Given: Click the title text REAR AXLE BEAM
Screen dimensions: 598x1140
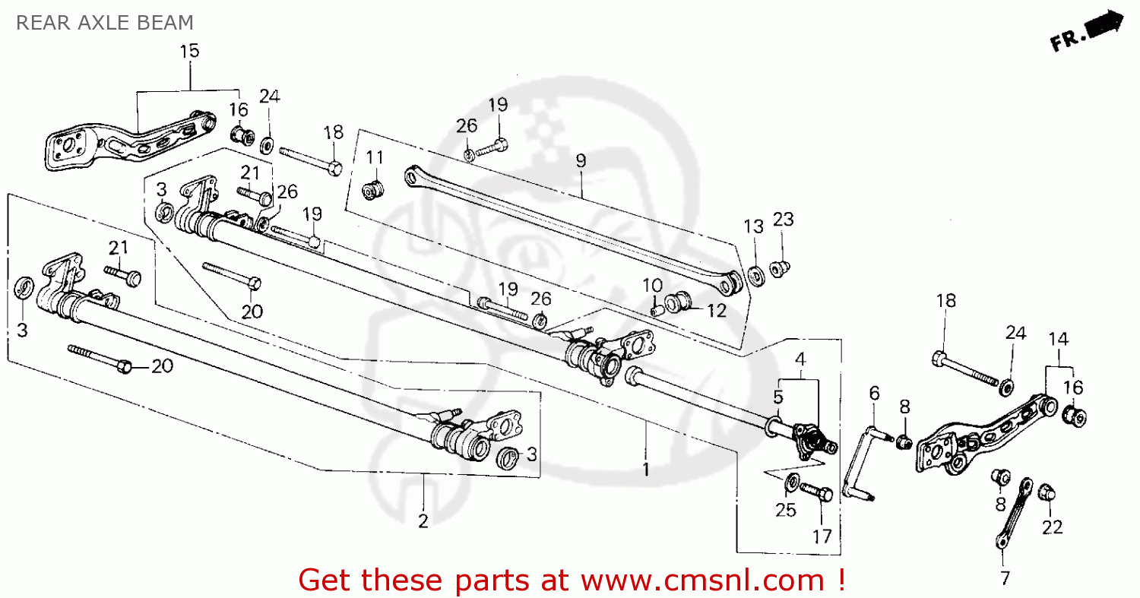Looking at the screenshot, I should point(104,23).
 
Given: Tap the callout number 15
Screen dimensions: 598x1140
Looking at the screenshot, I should point(189,51).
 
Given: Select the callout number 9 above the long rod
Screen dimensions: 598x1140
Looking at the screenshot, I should point(581,160).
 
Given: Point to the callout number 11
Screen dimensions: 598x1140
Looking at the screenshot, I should point(375,157).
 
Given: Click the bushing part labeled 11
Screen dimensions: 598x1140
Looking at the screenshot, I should point(373,188).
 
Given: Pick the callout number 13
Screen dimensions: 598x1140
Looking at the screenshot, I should point(752,226).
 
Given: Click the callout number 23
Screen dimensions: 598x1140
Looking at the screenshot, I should point(783,220).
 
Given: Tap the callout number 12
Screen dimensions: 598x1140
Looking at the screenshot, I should point(716,310).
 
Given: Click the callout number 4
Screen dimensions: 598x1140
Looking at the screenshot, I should point(800,358).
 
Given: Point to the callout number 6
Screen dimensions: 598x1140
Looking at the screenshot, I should point(874,393).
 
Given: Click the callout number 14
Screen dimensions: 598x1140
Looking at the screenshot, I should point(1058,339).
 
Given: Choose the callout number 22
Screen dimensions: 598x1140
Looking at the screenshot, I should point(1052,527).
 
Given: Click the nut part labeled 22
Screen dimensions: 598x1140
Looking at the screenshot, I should point(1047,492).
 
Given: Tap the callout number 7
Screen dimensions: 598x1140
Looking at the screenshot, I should point(1005,578).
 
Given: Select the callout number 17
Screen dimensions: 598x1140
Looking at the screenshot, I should point(822,536).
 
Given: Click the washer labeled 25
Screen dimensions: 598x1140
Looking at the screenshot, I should point(791,481).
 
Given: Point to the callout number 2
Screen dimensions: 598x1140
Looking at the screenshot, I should point(423,521).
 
